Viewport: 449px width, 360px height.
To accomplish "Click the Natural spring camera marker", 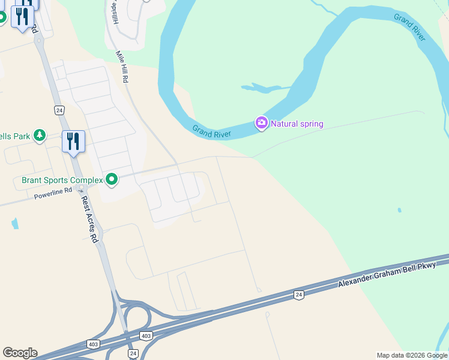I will click(x=261, y=124).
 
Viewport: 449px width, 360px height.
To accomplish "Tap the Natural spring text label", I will click(x=297, y=124).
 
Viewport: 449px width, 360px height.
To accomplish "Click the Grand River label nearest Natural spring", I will click(x=212, y=131).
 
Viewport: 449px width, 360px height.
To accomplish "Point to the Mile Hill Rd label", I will click(x=123, y=66).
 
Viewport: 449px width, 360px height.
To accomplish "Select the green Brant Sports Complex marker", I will click(x=112, y=179).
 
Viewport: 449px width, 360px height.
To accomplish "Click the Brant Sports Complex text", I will click(x=62, y=180).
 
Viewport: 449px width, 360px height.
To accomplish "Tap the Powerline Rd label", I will click(x=53, y=194).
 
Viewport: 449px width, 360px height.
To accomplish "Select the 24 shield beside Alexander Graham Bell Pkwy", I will click(x=298, y=294).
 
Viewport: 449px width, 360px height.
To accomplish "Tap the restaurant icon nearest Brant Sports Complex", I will click(x=73, y=142).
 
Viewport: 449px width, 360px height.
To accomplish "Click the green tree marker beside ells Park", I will click(x=40, y=136).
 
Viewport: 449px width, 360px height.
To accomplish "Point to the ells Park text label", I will click(x=15, y=136).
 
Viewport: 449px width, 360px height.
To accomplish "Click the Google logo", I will click(x=20, y=353).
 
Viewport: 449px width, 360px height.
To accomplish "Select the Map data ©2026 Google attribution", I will click(x=412, y=355).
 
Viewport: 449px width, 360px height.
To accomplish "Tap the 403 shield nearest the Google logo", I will click(x=94, y=344).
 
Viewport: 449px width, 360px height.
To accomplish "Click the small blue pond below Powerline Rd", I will click(x=14, y=223).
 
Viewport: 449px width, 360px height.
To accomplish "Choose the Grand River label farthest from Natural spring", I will click(x=410, y=27).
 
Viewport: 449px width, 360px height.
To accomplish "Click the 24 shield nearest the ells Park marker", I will click(x=59, y=110).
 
